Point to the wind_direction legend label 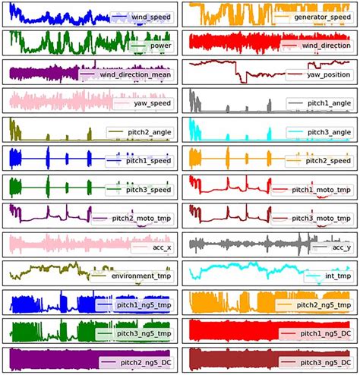(x=324, y=46)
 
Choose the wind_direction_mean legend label (x=135, y=74)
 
